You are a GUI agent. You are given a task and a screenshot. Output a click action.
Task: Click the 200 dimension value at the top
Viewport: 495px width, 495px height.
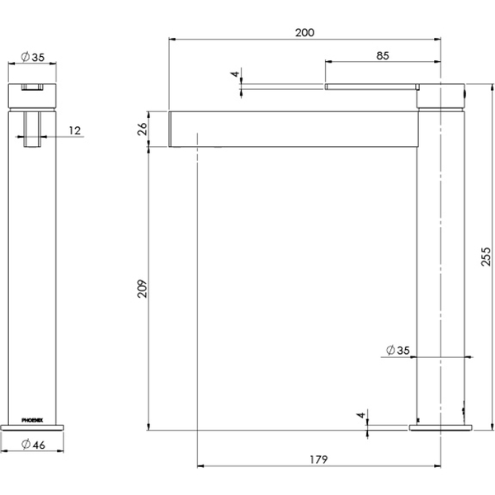point(304,32)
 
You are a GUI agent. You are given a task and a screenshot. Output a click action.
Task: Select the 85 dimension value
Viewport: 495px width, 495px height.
point(382,55)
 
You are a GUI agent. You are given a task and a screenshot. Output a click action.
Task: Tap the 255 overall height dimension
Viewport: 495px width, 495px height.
point(486,257)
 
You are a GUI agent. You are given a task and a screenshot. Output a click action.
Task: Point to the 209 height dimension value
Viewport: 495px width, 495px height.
point(143,288)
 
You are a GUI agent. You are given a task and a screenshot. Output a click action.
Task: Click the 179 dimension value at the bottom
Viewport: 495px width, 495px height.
point(318,460)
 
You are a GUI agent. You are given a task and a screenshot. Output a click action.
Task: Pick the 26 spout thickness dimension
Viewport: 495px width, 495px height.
point(143,129)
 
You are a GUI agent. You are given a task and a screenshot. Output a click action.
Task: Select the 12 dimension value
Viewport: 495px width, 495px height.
point(75,130)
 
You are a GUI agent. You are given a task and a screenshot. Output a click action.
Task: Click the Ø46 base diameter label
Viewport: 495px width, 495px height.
point(33,445)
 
